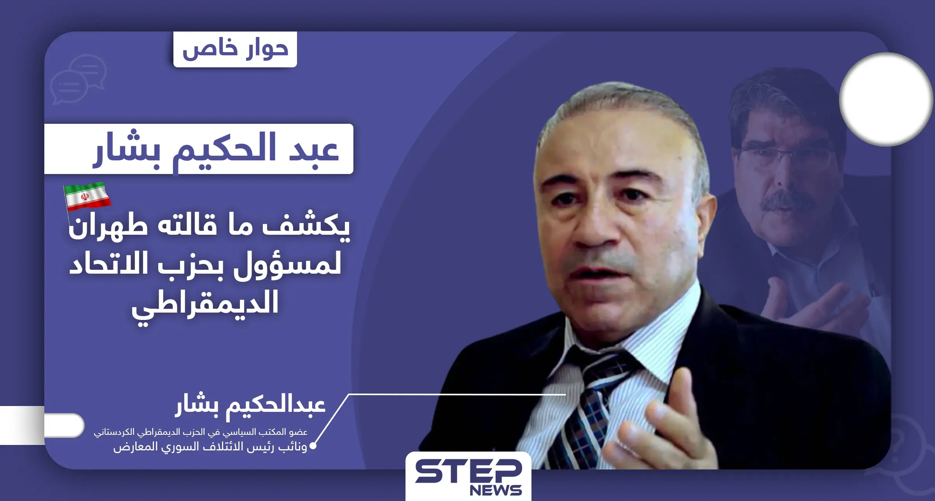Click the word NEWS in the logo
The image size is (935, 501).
tap(495, 490)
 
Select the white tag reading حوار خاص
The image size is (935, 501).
tap(235, 49)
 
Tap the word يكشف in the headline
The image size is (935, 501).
tap(306, 227)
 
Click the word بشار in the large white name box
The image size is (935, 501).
tap(126, 150)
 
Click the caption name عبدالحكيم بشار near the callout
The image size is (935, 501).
tap(250, 406)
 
